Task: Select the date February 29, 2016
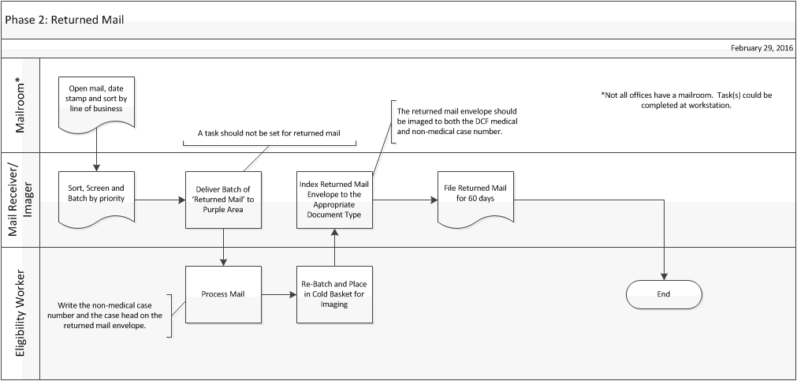click(761, 48)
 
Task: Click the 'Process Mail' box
click(223, 294)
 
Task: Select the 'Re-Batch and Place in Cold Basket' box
click(334, 294)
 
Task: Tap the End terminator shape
click(663, 294)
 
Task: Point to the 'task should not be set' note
click(269, 133)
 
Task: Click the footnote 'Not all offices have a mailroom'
click(686, 99)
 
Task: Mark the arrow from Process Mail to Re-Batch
click(279, 295)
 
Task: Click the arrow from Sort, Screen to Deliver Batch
click(160, 200)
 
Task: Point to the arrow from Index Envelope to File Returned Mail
click(404, 200)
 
